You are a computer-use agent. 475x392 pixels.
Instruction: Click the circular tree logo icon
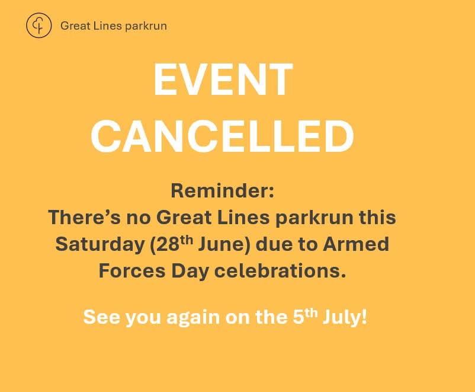(39, 26)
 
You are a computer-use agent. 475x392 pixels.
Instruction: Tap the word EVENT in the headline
(223, 80)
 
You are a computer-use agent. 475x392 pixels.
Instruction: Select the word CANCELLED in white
(222, 137)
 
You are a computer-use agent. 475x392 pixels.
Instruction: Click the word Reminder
(223, 191)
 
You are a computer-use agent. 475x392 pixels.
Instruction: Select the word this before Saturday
(377, 217)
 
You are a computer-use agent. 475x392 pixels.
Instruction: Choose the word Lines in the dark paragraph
(244, 217)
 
